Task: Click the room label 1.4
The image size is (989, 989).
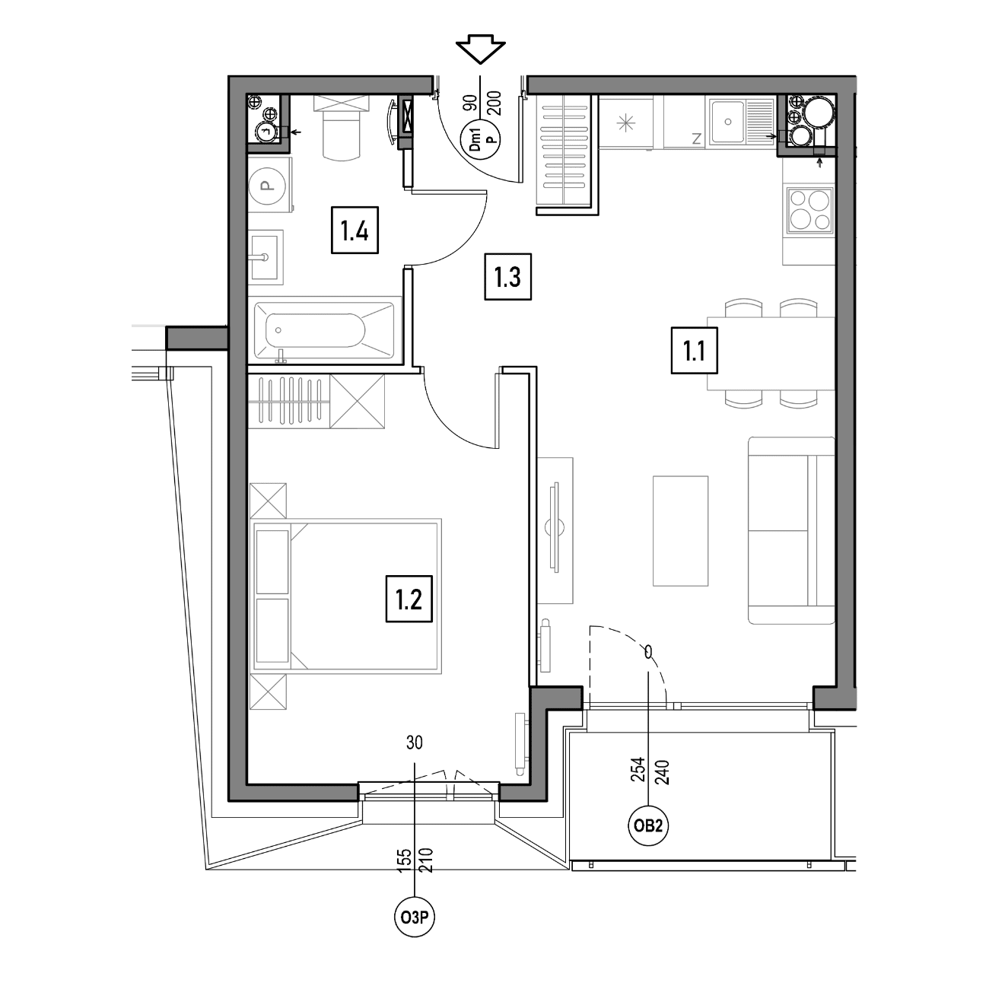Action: (355, 230)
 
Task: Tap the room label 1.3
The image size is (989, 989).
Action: (507, 277)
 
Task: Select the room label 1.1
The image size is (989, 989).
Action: (694, 351)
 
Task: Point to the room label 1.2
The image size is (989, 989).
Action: (409, 599)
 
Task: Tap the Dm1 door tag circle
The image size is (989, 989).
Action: (481, 139)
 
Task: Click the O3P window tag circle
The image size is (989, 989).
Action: (414, 917)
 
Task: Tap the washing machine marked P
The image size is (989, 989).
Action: (270, 185)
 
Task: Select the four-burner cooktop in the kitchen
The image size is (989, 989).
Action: (810, 211)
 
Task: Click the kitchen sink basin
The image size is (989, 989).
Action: (728, 122)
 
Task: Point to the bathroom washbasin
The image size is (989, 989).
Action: (266, 256)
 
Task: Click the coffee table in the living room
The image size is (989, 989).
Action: (680, 531)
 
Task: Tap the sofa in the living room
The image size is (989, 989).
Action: (791, 530)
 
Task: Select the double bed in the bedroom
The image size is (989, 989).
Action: (345, 596)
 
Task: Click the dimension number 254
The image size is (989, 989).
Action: (638, 769)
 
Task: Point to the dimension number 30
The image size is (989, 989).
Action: (414, 743)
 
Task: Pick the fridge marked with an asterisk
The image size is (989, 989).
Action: (626, 122)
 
